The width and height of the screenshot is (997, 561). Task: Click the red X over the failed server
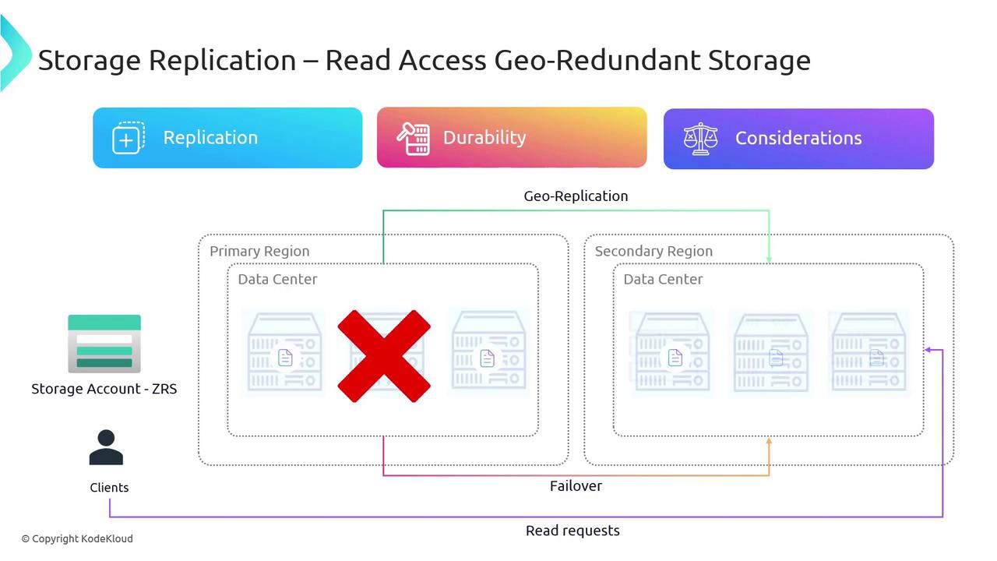tap(384, 356)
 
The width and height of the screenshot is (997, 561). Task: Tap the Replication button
tap(227, 138)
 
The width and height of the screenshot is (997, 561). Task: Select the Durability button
tap(512, 138)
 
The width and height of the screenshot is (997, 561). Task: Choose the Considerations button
tap(798, 139)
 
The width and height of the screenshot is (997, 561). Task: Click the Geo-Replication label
tap(576, 196)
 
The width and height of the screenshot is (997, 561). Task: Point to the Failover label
tap(576, 486)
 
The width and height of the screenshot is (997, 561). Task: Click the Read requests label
tap(572, 531)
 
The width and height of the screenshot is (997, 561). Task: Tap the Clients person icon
tap(106, 448)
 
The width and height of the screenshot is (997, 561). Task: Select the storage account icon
tap(104, 344)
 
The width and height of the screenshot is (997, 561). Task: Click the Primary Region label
tap(259, 252)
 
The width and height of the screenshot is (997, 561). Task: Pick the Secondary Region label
tap(654, 252)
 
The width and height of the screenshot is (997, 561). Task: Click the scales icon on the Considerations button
tap(699, 139)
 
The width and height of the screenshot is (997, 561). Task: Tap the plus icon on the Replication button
tap(129, 139)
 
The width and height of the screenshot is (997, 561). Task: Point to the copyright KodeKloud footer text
tap(77, 538)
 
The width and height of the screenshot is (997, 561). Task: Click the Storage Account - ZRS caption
tap(104, 389)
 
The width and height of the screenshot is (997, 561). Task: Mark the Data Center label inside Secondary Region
tap(663, 280)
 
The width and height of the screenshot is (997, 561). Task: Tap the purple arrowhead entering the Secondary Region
tap(928, 351)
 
